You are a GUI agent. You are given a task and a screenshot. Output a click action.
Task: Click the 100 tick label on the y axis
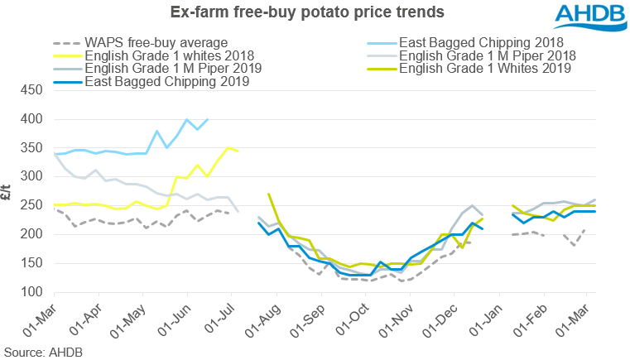coord(32,292)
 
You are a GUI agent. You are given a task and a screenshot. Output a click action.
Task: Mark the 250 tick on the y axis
coord(32,205)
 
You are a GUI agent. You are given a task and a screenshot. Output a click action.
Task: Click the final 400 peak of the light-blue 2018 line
coord(207,119)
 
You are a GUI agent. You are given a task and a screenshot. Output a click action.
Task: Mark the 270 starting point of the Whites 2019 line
coord(269,194)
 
